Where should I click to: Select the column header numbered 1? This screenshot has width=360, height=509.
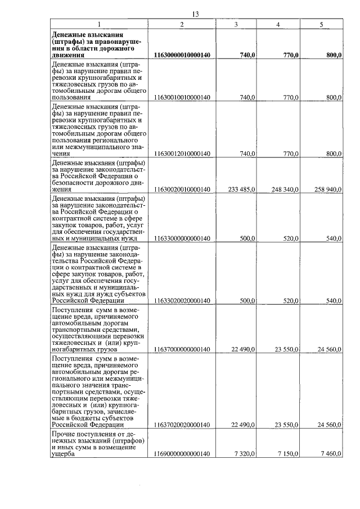click(x=99, y=24)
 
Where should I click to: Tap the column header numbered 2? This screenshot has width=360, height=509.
click(x=182, y=24)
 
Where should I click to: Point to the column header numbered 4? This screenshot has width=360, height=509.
click(x=278, y=24)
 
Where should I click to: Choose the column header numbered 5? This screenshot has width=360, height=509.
click(x=321, y=24)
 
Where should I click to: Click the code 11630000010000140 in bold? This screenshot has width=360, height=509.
click(x=182, y=55)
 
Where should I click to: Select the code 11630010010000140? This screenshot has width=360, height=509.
click(x=182, y=98)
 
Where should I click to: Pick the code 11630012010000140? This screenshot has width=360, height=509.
click(x=182, y=154)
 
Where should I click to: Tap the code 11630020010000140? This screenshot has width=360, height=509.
click(x=182, y=190)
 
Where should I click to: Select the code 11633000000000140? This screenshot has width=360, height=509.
click(x=182, y=238)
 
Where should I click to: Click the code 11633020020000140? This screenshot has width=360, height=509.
click(x=182, y=300)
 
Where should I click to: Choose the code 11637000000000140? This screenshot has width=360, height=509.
click(x=182, y=349)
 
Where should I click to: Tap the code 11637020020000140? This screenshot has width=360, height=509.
click(x=182, y=425)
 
